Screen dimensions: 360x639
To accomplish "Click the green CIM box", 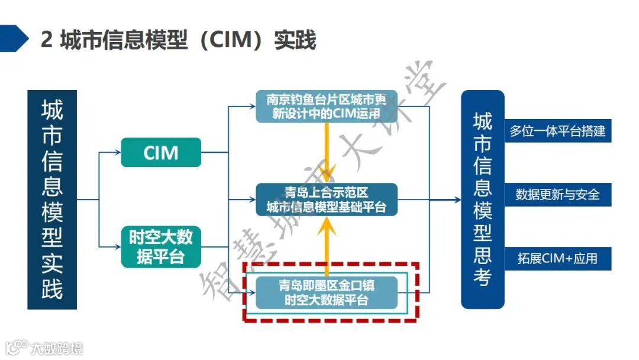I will [x=161, y=152].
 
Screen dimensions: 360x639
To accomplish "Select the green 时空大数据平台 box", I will [x=161, y=246].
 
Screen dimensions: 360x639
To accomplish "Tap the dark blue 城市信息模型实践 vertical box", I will [x=52, y=200].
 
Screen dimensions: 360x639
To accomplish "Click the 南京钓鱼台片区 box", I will [x=326, y=107].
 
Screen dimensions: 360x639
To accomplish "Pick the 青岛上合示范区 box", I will [x=326, y=200].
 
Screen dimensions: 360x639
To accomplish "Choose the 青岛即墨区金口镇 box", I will [x=326, y=292].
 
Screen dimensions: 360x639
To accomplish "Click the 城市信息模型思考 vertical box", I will [x=482, y=200].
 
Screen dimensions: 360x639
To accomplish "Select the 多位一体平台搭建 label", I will [x=557, y=131].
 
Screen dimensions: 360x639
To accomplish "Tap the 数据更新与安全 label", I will [x=557, y=194].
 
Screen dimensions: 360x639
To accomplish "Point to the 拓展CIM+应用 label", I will [x=557, y=258].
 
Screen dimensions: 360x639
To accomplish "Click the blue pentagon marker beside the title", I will [x=13, y=39].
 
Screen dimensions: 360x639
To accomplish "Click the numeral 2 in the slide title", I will [x=47, y=40].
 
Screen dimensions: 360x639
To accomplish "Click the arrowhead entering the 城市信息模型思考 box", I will [x=457, y=200].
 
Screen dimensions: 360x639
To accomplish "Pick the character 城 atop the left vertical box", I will [x=52, y=111].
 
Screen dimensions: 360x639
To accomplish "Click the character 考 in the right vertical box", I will [x=482, y=277].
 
